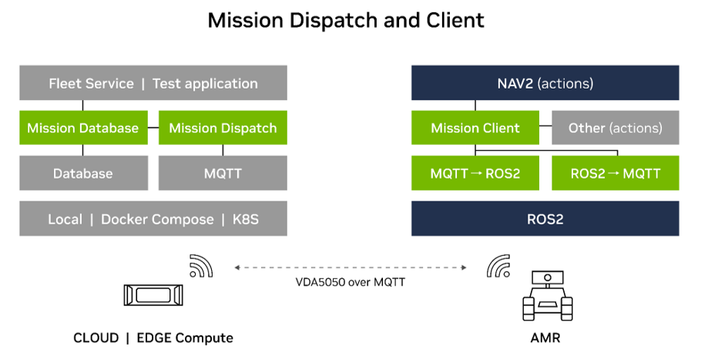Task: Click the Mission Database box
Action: [83, 128]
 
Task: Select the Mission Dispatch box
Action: [223, 128]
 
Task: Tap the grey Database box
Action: [83, 173]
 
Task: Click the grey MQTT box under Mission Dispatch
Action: [223, 173]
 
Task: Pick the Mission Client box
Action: [475, 128]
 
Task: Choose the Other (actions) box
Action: [616, 128]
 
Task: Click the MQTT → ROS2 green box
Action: [475, 173]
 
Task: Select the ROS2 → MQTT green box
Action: [616, 173]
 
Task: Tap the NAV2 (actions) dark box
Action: [545, 82]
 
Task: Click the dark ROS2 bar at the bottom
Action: [545, 219]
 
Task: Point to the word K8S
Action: [246, 219]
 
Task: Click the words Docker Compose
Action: [157, 220]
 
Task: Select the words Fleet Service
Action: [91, 83]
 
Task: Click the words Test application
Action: [205, 84]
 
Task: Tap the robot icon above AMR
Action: [547, 296]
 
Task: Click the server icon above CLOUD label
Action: [153, 295]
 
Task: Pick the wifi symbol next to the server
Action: [201, 266]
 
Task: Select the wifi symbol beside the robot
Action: [498, 266]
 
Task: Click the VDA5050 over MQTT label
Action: [351, 282]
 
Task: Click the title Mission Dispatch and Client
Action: [346, 20]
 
